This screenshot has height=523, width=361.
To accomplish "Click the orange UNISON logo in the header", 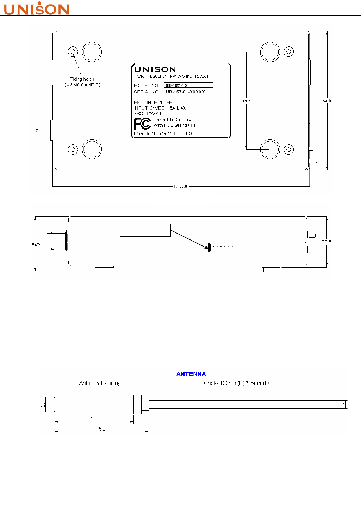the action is [37, 8].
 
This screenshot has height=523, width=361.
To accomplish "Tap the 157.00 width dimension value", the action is [181, 186].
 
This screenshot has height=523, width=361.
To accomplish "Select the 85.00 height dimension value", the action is [327, 101].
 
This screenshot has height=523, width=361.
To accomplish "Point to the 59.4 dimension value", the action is [246, 101].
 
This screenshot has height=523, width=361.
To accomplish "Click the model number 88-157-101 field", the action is [188, 85].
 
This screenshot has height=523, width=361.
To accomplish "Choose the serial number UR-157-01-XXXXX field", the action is [188, 92].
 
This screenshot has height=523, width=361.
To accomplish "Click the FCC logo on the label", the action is [142, 124].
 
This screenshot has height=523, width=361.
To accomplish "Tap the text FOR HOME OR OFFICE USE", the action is [164, 133].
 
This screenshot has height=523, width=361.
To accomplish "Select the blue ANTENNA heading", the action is [191, 374].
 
